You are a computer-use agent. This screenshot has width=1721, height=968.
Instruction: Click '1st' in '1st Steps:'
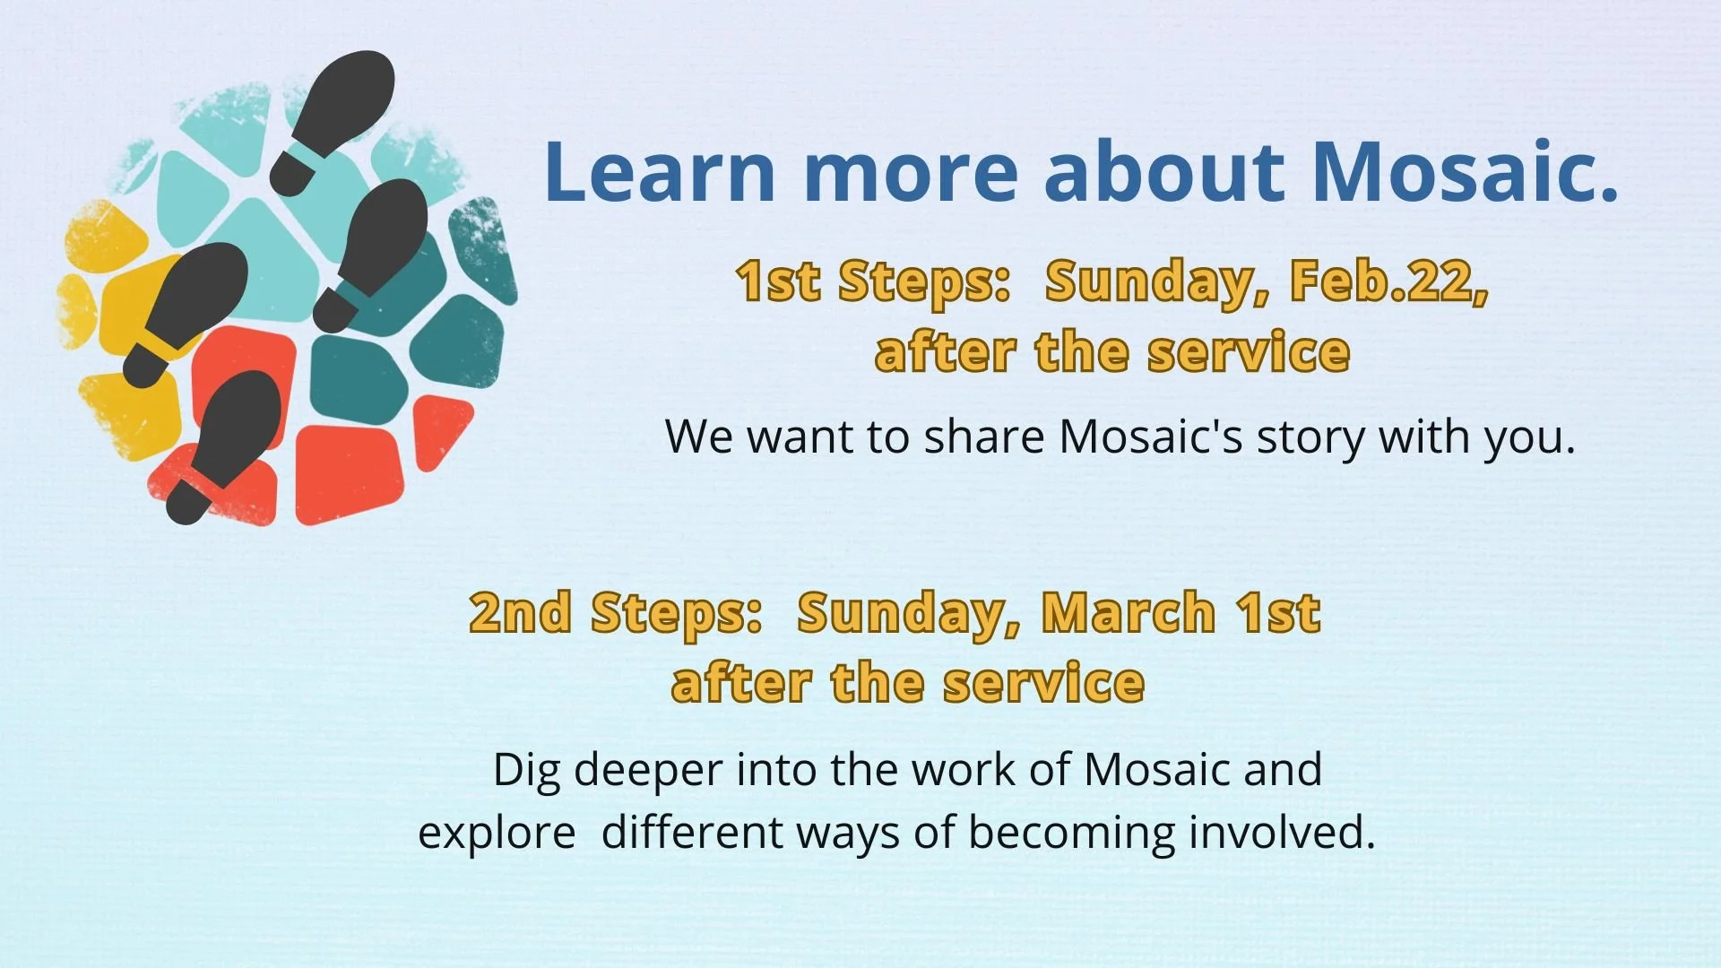pyautogui.click(x=777, y=281)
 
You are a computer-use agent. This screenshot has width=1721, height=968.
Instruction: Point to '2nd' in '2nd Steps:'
pyautogui.click(x=520, y=613)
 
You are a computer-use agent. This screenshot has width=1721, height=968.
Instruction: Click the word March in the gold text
pyautogui.click(x=1128, y=613)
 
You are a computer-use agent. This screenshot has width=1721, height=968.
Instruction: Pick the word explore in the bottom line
pyautogui.click(x=497, y=834)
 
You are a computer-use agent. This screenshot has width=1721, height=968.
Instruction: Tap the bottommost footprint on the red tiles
pyautogui.click(x=229, y=444)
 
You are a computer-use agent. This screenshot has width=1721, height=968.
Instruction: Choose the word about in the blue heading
pyautogui.click(x=1164, y=172)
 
